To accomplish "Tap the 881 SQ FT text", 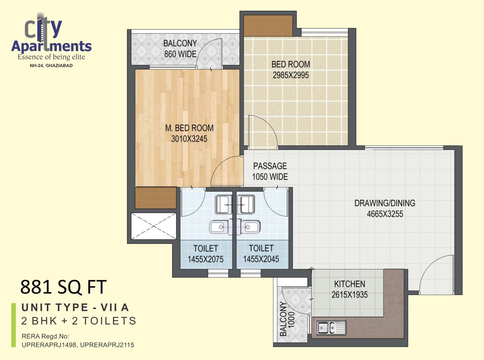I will pyautogui.click(x=63, y=287).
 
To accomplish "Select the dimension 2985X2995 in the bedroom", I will pyautogui.click(x=290, y=76).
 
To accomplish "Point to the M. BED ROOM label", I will pyautogui.click(x=189, y=128).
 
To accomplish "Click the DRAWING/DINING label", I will pyautogui.click(x=385, y=203).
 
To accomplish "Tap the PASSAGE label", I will pyautogui.click(x=270, y=166).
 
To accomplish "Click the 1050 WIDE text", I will pyautogui.click(x=270, y=176).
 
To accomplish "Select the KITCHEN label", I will pyautogui.click(x=349, y=284).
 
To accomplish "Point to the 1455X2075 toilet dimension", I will pyautogui.click(x=205, y=259).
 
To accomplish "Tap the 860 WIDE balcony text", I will pyautogui.click(x=180, y=54).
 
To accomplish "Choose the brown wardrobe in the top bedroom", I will pyautogui.click(x=268, y=25).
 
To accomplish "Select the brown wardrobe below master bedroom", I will pyautogui.click(x=156, y=198).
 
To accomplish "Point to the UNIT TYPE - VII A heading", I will pyautogui.click(x=75, y=308).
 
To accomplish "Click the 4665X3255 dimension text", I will pyautogui.click(x=385, y=214).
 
